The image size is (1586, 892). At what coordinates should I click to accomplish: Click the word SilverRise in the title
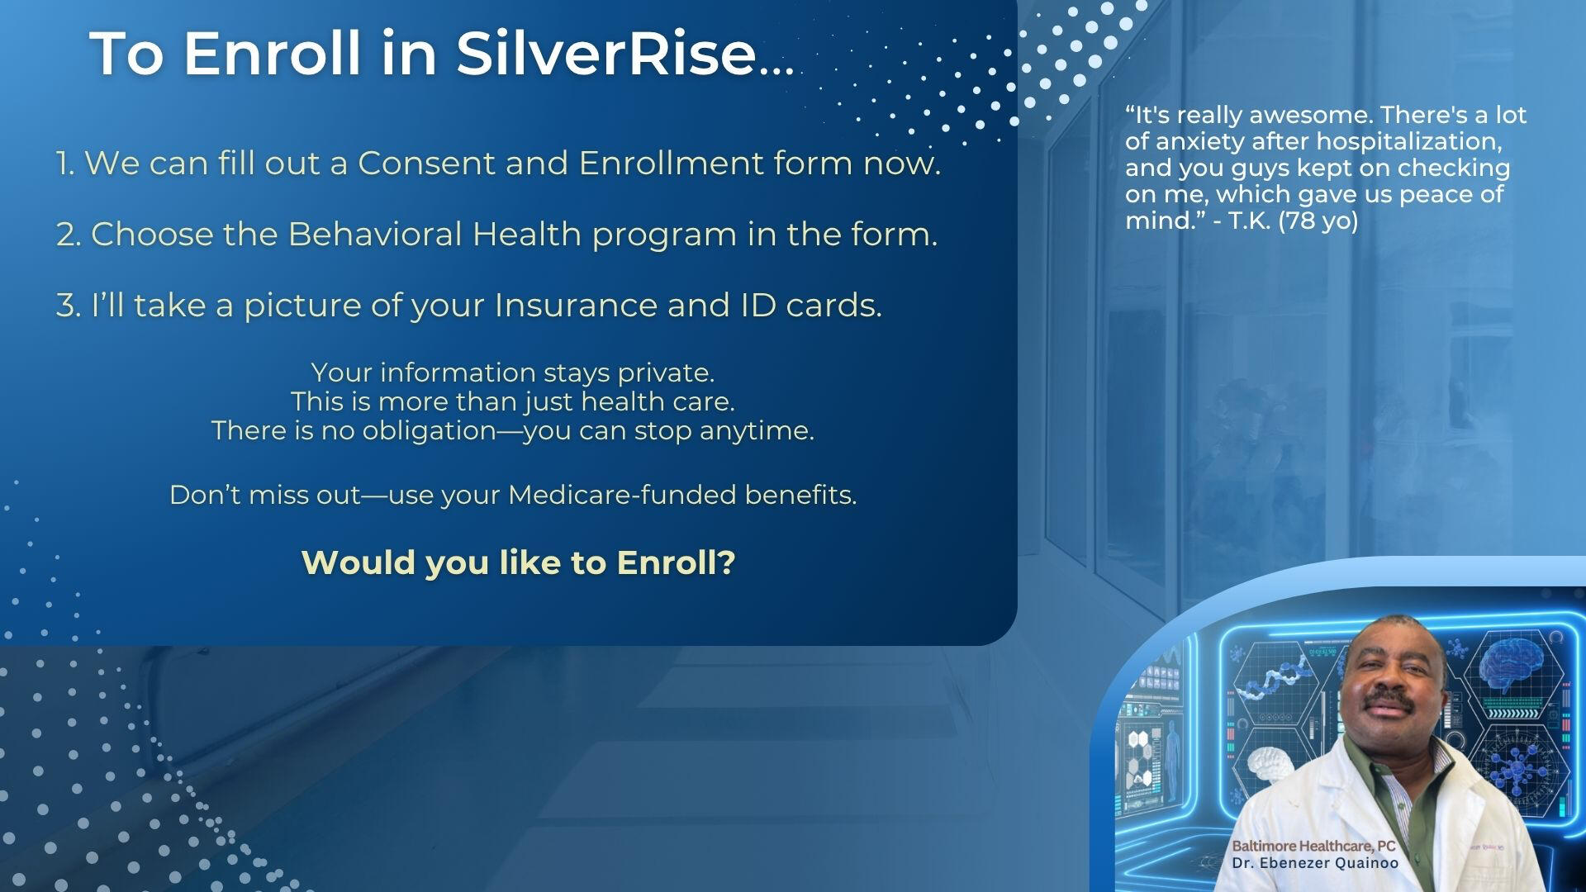[606, 54]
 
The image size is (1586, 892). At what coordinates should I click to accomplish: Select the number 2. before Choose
[68, 235]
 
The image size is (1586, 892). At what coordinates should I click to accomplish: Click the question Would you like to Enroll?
[519, 562]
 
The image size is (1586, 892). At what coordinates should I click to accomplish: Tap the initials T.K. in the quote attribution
[1250, 221]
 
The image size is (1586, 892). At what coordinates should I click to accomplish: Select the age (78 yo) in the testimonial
[1319, 221]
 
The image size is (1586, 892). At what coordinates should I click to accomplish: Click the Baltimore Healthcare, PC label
[1313, 846]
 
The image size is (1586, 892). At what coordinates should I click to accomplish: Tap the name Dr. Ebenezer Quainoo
[1315, 863]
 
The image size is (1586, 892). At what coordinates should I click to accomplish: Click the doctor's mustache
[1388, 701]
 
